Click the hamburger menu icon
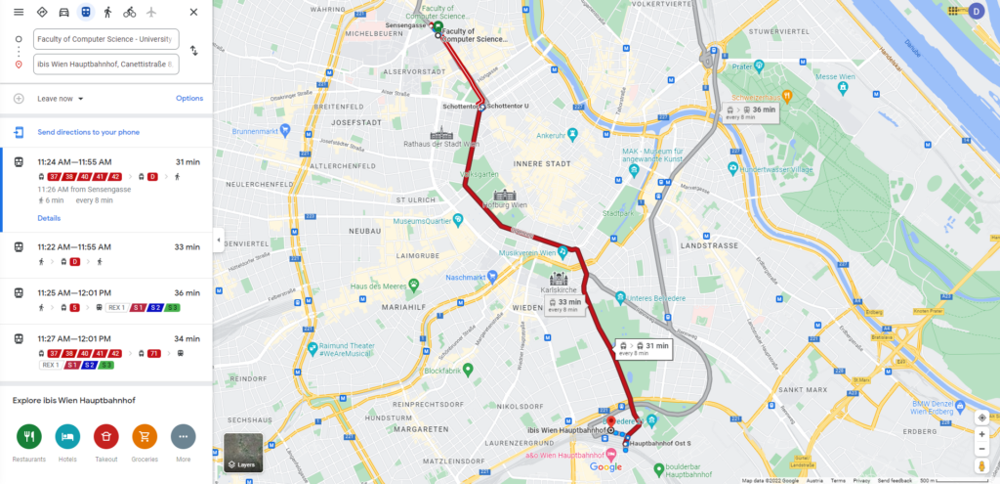click(x=19, y=12)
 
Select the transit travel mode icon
click(x=85, y=12)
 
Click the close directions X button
click(x=193, y=12)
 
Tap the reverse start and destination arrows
click(x=194, y=51)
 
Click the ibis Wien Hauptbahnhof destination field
click(x=105, y=65)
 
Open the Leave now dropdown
click(x=61, y=99)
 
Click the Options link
click(x=189, y=99)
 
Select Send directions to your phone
click(x=88, y=132)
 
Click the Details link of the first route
click(x=49, y=218)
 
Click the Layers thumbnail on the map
click(x=243, y=452)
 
